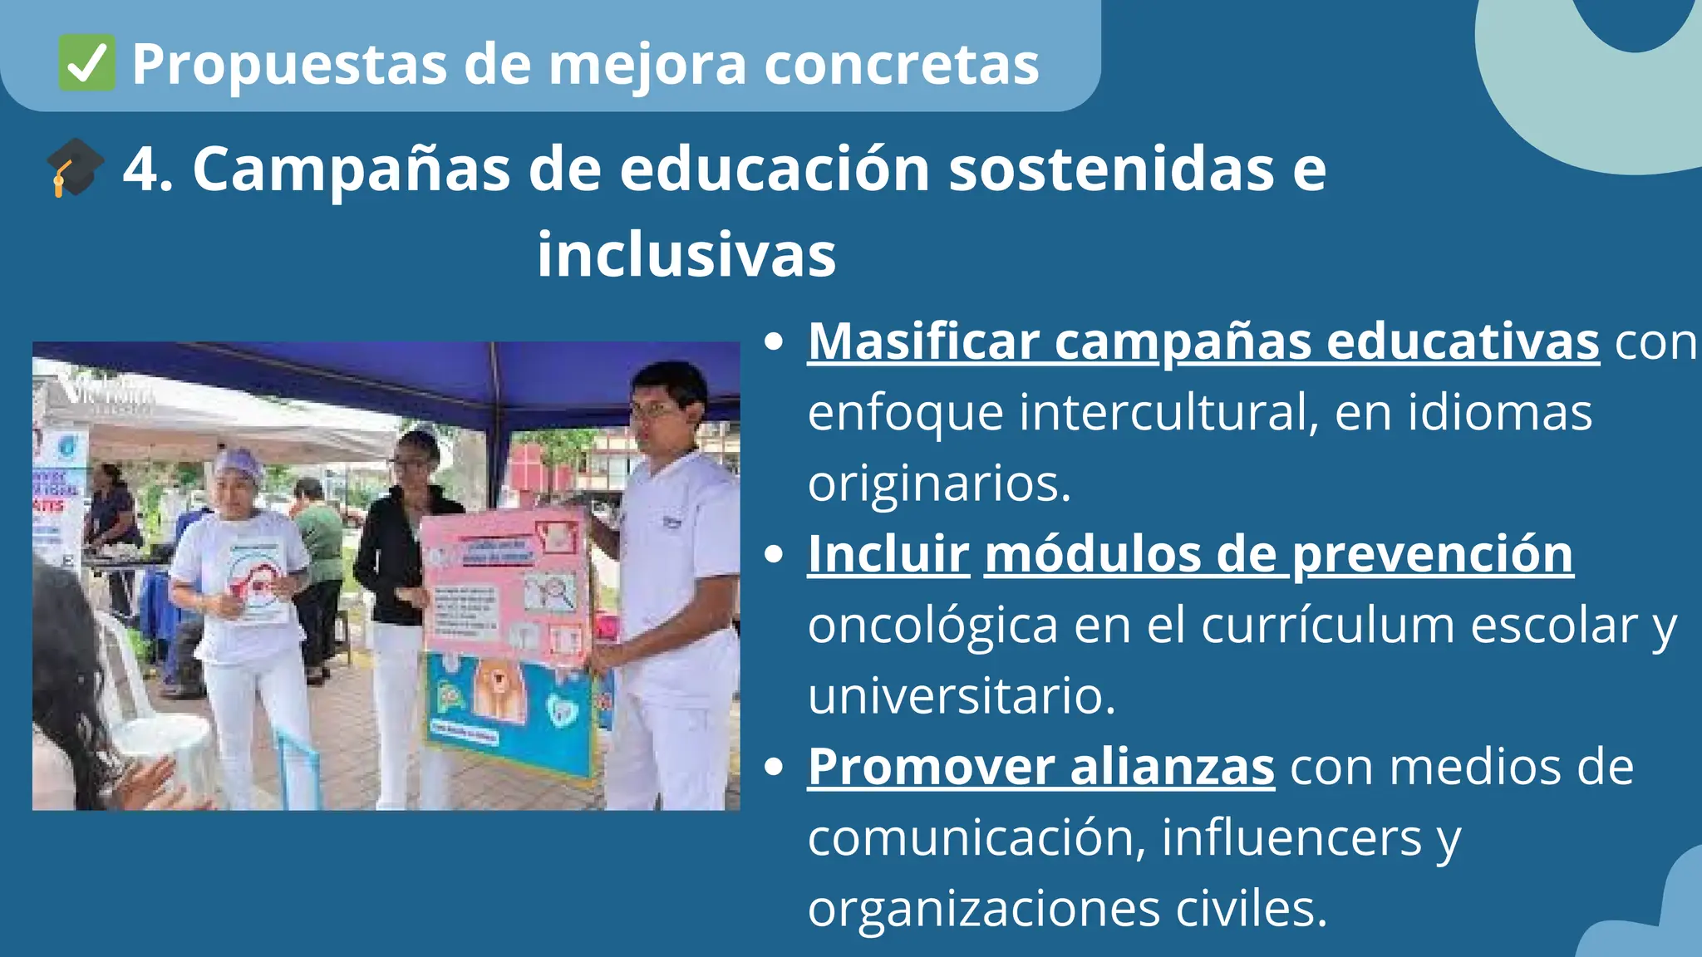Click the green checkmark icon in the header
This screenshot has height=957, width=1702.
tap(86, 64)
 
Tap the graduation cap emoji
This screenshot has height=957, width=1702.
tap(75, 168)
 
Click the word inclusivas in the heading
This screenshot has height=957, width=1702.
tap(686, 255)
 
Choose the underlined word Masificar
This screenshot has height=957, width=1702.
tap(923, 341)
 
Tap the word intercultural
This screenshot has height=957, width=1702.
tap(1168, 412)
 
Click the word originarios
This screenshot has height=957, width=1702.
tap(939, 483)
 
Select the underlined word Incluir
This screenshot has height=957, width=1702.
tap(888, 554)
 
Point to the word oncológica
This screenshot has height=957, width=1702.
tap(932, 626)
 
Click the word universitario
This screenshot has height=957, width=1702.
tap(962, 696)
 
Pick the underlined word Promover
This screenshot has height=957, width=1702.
tap(932, 767)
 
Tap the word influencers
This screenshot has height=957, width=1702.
tap(1291, 837)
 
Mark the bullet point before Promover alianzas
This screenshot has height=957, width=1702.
tap(774, 767)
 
